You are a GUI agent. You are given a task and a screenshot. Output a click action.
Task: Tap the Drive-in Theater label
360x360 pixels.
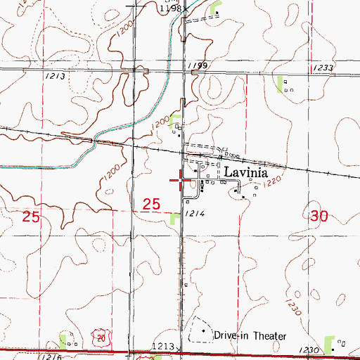click(x=250, y=336)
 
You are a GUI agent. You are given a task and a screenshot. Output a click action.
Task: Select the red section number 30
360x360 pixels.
click(x=317, y=217)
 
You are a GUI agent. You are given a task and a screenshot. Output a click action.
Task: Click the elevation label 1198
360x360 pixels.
click(x=170, y=8)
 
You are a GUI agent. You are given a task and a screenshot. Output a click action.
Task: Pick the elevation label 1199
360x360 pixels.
click(x=197, y=65)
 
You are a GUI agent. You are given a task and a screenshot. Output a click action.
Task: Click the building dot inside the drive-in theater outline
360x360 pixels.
click(x=205, y=330)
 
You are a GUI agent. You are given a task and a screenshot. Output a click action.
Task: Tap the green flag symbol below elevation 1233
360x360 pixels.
click(x=282, y=84)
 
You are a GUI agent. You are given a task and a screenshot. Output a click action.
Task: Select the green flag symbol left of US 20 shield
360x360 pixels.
click(x=63, y=340)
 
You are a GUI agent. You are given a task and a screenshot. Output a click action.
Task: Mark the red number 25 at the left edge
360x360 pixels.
click(x=31, y=217)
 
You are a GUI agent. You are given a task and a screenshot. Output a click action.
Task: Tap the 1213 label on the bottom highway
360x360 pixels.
click(x=161, y=347)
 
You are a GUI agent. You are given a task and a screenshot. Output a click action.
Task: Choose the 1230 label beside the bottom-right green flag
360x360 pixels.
click(x=307, y=349)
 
